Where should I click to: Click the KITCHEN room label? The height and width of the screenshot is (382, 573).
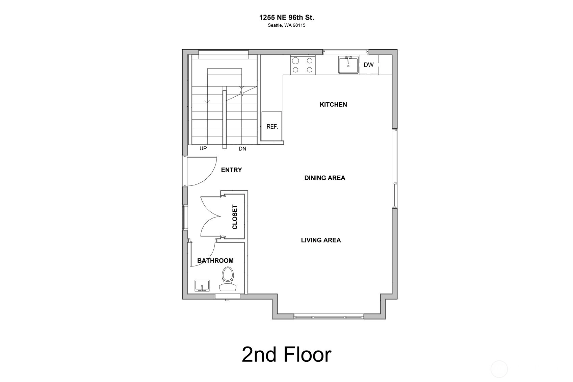333,104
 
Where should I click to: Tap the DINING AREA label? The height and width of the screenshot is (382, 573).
324,178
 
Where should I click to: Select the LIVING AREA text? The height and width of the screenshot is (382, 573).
321,240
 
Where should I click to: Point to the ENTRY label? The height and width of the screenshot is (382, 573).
232,170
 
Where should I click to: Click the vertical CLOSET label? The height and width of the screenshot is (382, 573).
235,217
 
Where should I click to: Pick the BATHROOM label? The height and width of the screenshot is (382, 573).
215,261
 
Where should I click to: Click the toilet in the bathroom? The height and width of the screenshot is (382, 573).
228,279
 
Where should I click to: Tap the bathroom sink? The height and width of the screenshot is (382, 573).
202,285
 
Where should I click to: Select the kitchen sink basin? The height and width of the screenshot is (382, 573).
348,65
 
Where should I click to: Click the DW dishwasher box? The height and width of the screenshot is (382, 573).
369,65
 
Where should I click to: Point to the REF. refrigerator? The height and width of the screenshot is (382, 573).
272,126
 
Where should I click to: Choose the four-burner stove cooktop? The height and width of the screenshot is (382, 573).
303,65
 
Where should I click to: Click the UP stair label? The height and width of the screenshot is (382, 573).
203,148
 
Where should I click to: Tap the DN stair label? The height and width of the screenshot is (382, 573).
242,149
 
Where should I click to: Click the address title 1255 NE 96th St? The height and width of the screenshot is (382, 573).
286,18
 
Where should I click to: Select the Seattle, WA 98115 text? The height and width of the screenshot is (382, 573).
286,25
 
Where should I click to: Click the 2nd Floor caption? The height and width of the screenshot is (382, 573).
286,355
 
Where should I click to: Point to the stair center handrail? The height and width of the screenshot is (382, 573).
224,120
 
